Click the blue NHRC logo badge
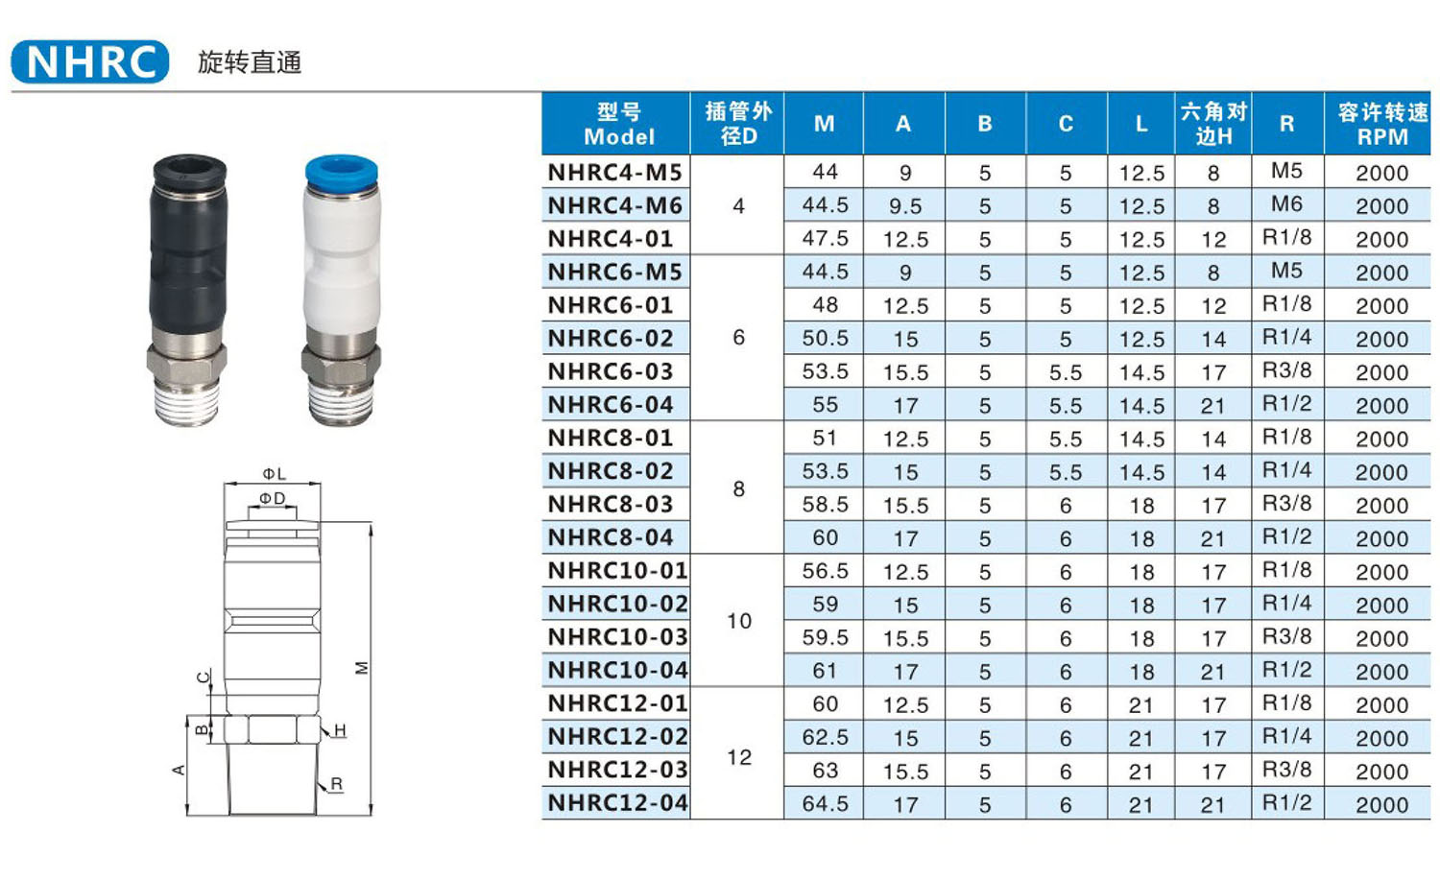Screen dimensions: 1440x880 (x=90, y=61)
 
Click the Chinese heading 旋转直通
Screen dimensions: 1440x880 (x=250, y=62)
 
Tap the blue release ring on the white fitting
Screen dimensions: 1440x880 (x=341, y=172)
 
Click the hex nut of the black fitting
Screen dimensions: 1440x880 (x=186, y=362)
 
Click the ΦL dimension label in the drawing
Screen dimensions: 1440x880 (x=274, y=474)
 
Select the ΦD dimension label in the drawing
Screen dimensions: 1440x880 (x=272, y=498)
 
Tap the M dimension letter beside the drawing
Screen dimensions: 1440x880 (x=362, y=668)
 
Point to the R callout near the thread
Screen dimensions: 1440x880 (x=336, y=784)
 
